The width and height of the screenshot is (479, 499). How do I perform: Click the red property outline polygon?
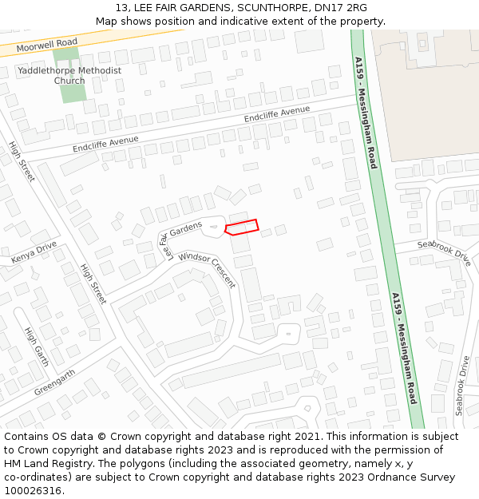tap(242, 227)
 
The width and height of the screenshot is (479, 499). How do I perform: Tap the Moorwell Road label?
tap(47, 44)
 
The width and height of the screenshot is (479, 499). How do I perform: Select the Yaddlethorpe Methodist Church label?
tap(69, 75)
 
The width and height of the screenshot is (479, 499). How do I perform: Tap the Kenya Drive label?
tap(34, 252)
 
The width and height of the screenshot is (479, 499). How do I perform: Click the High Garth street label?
tap(36, 347)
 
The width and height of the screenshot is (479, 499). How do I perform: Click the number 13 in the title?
tap(121, 8)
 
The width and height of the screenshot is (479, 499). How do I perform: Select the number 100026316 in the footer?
tap(33, 490)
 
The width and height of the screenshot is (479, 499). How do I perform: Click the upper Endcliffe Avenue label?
tap(277, 115)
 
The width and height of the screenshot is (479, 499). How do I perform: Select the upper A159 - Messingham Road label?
tap(366, 112)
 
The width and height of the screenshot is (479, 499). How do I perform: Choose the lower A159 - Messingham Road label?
tap(404, 347)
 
